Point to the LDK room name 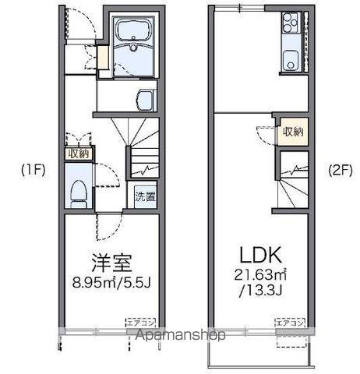coord(259,254)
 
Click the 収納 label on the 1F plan coord(79,153)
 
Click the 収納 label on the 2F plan coord(293,131)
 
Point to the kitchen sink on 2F coord(292,58)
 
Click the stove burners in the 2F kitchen coord(291,23)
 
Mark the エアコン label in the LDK coord(284,320)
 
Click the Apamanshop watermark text coord(181,335)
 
